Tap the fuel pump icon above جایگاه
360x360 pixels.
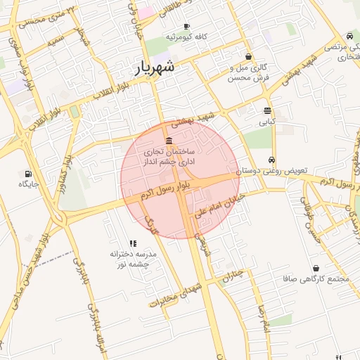(27, 173)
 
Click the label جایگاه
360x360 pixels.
(28, 184)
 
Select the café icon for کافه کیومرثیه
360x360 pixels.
(186, 26)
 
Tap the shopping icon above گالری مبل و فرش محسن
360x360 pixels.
(248, 57)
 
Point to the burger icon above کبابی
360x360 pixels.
(267, 110)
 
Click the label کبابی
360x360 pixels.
(267, 121)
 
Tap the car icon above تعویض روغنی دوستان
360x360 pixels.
(271, 160)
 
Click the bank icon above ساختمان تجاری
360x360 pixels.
(169, 140)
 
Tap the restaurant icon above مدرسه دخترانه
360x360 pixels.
(133, 243)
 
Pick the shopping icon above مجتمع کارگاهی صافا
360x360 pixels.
(316, 268)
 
